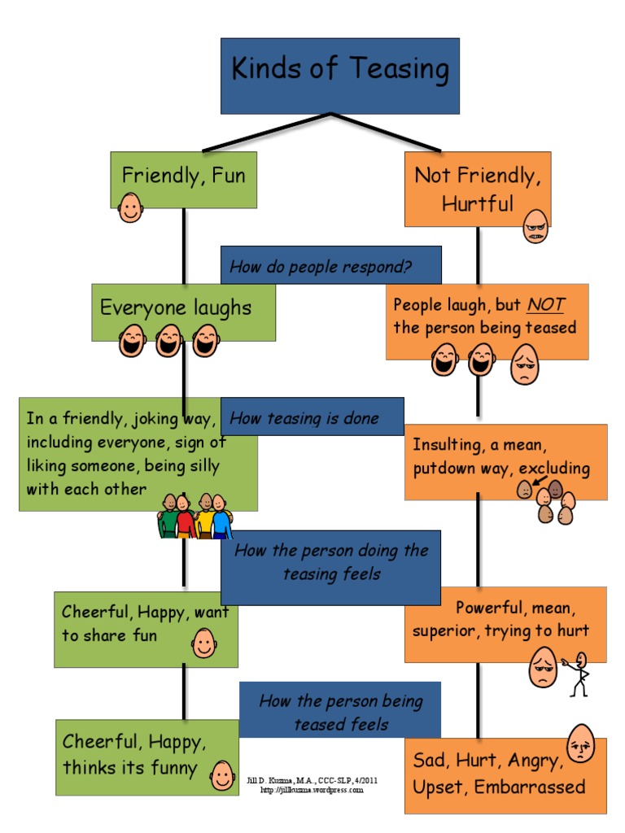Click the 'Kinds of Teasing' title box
[339, 75]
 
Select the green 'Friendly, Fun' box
[183, 178]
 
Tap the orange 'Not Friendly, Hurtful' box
[477, 189]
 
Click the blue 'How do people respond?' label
[330, 265]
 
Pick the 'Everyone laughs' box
[183, 311]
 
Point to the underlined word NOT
[545, 305]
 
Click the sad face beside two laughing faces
[524, 364]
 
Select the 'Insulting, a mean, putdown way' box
[505, 460]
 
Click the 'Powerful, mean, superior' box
[505, 622]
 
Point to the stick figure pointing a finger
[579, 673]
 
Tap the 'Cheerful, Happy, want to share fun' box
[146, 626]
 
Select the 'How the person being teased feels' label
[339, 711]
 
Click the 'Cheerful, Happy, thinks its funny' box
[146, 757]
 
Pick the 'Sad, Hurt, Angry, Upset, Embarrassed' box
[505, 774]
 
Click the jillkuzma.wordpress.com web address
[312, 790]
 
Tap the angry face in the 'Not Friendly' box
[535, 227]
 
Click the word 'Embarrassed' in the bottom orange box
[530, 787]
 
